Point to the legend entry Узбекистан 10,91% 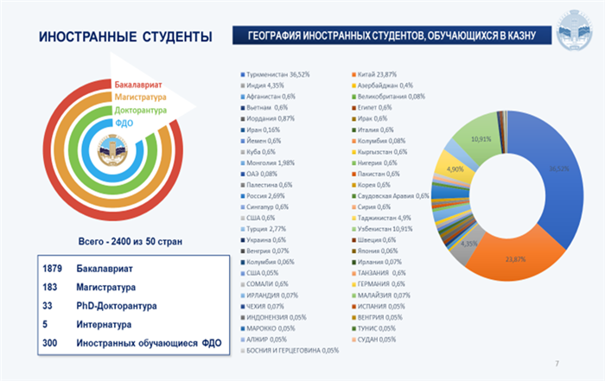click(x=391, y=229)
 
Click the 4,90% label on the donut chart click(x=455, y=169)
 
